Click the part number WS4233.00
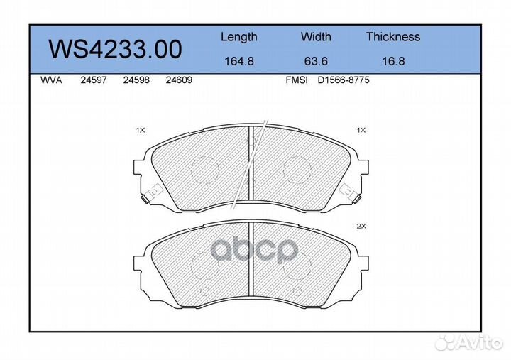[115, 49]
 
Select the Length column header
[239, 37]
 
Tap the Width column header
[316, 36]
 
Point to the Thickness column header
[393, 36]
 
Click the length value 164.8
[239, 61]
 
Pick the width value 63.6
[316, 61]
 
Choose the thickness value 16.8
[393, 61]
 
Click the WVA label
[51, 80]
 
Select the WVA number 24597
[94, 80]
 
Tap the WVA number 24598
[136, 80]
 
